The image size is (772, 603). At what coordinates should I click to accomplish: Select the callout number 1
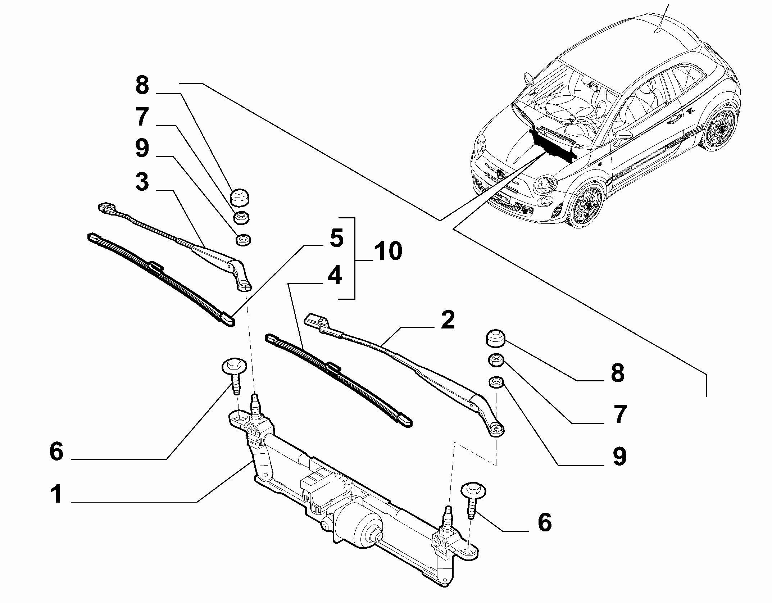point(56,495)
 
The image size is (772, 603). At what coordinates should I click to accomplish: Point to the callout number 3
point(142,182)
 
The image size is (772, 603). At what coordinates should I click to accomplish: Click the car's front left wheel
point(584,203)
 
